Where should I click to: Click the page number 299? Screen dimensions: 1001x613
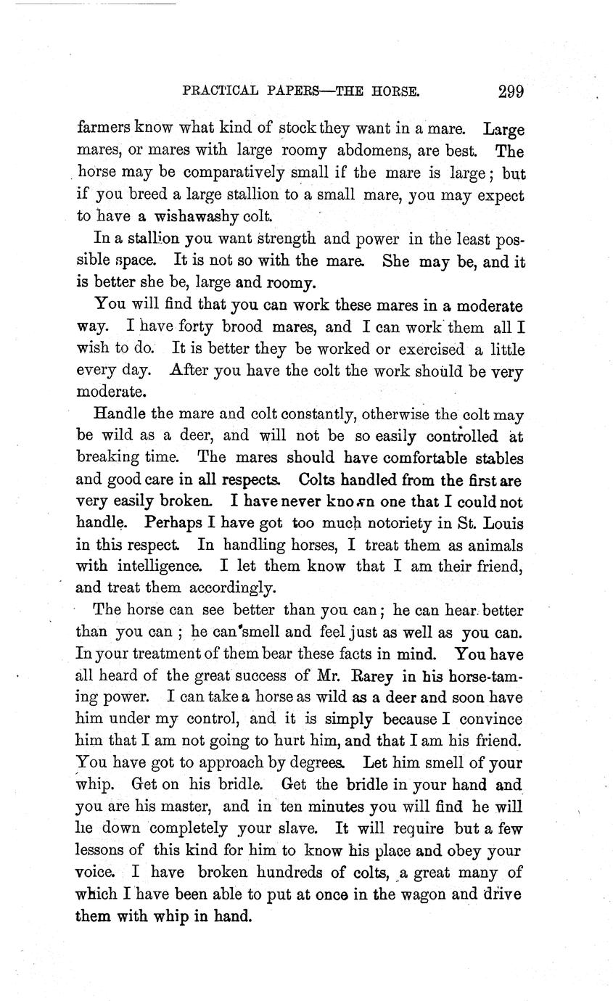coord(511,92)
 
